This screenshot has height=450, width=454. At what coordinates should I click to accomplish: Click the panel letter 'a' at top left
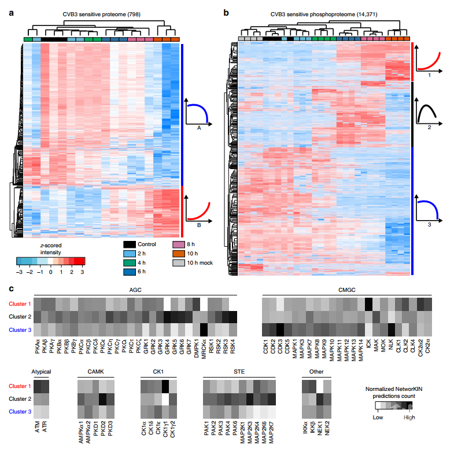coord(11,12)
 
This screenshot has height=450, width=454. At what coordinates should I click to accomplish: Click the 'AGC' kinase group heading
coord(135,291)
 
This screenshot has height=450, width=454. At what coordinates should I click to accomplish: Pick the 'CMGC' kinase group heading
coord(346,291)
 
